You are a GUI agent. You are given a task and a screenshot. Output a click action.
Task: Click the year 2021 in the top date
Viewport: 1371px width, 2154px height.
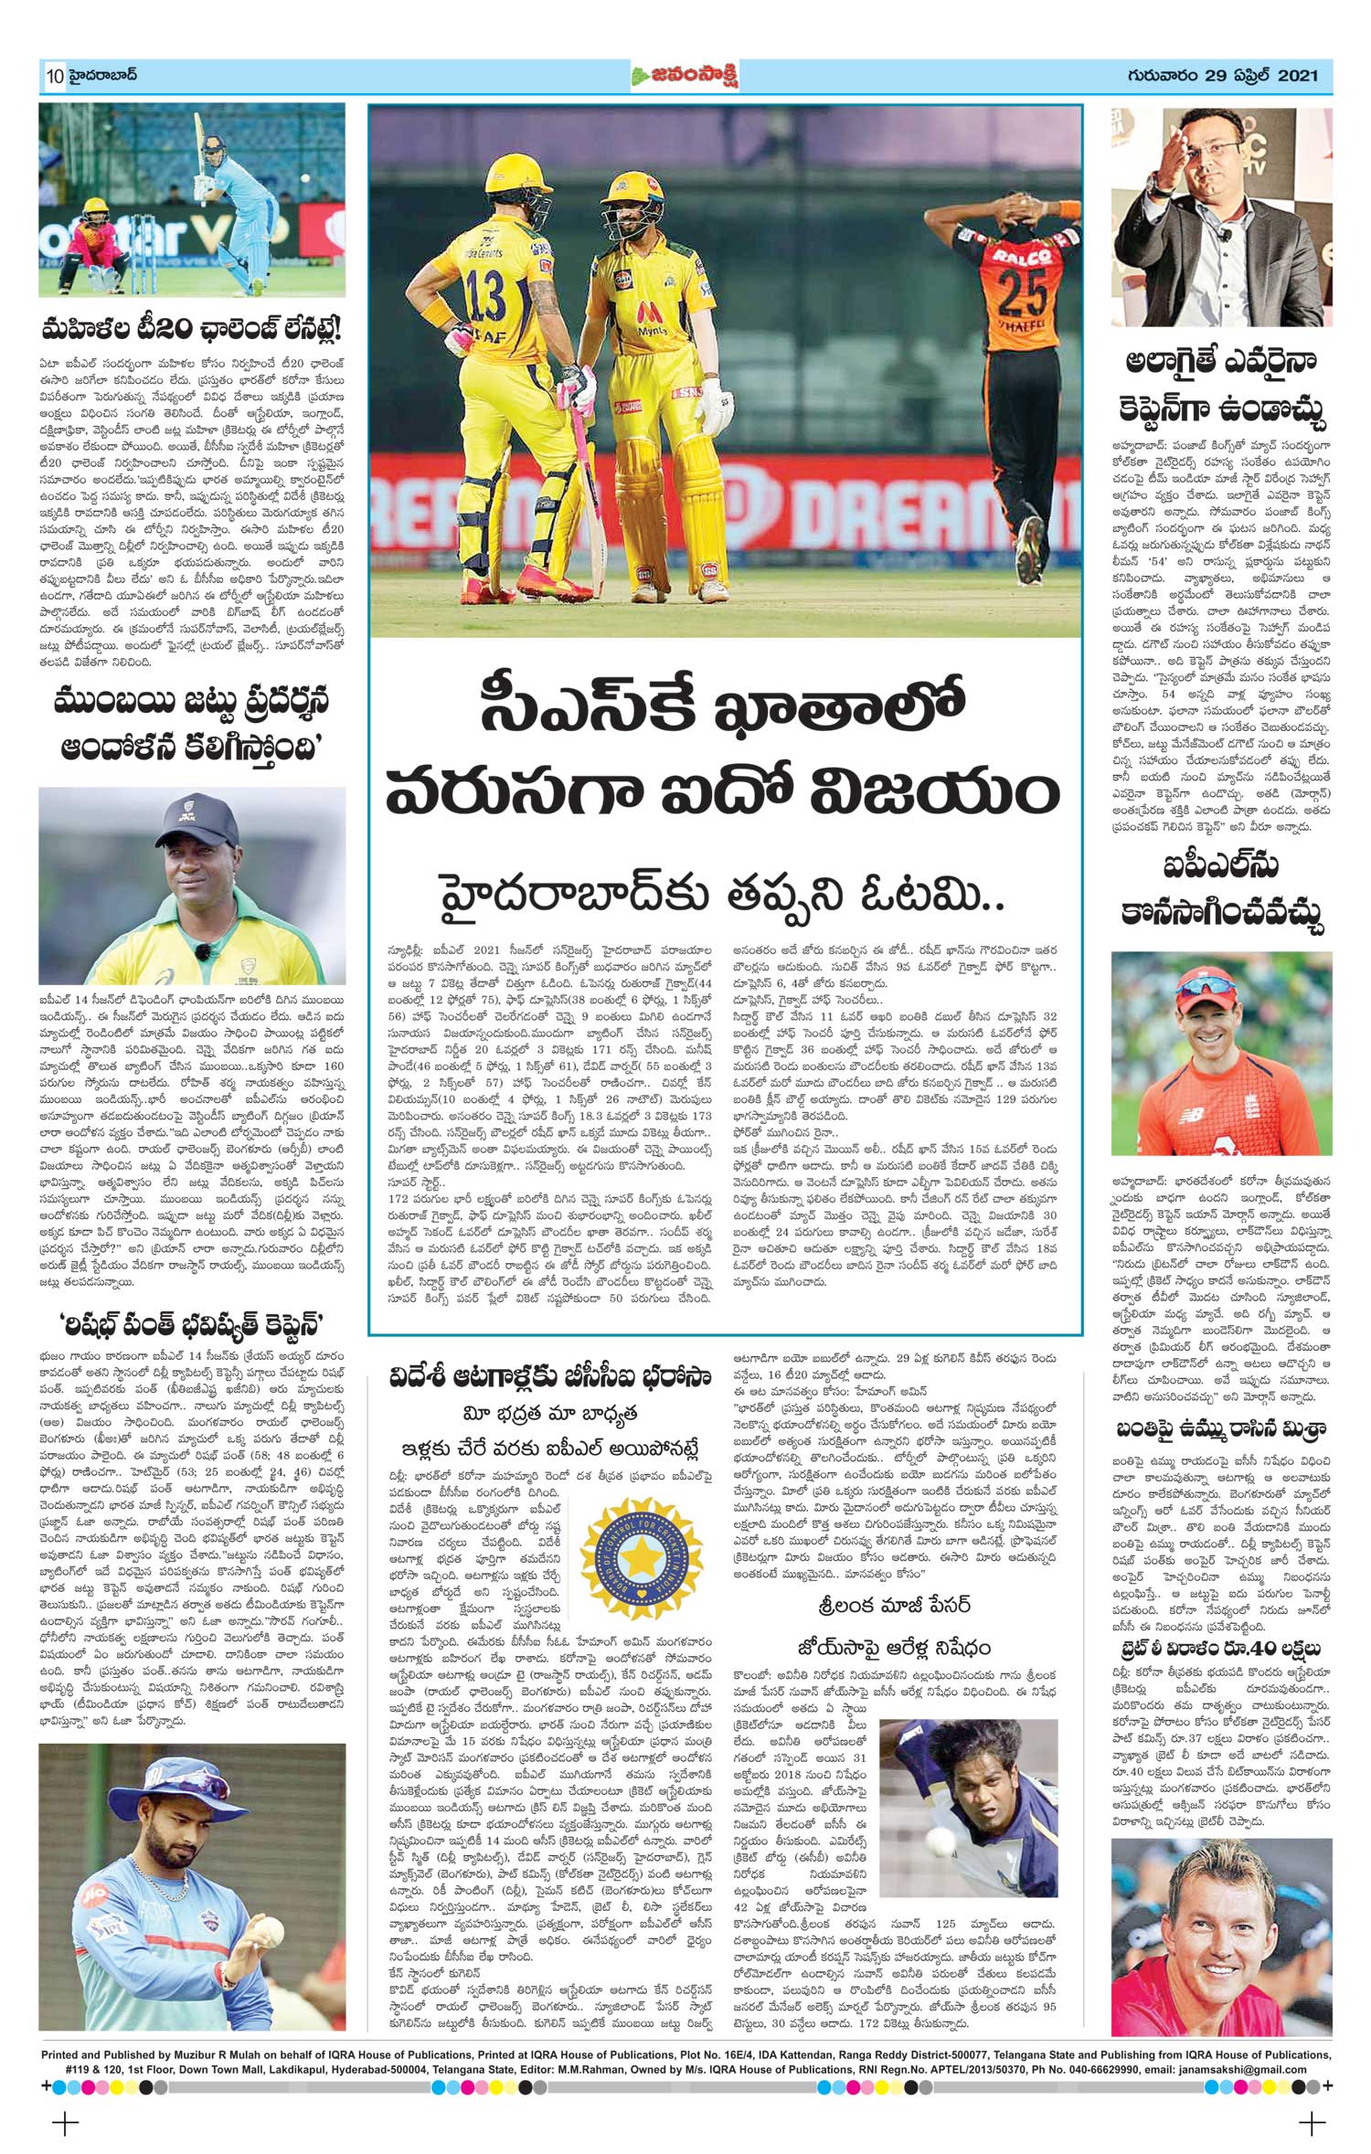pyautogui.click(x=1297, y=76)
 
